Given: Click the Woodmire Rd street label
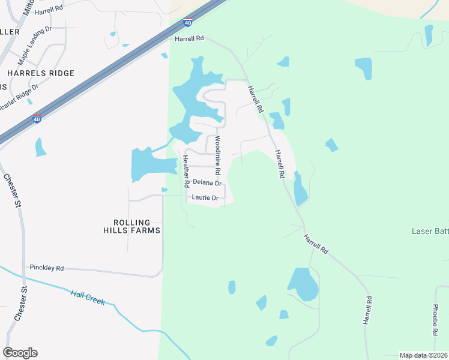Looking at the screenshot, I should (217, 155).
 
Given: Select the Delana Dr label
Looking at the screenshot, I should (207, 182).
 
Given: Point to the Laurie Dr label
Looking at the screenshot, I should (204, 197).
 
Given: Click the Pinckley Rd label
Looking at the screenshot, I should (47, 268).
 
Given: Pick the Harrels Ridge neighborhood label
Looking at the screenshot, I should (41, 73).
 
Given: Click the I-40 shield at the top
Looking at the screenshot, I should (187, 22).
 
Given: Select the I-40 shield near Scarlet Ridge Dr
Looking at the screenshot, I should (37, 119).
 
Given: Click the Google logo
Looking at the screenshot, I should (20, 353).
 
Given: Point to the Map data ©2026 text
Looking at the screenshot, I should (423, 355).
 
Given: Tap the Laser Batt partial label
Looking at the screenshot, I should (430, 231).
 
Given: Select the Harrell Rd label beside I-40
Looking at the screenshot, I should (190, 38).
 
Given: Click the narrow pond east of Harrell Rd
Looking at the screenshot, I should (300, 189).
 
